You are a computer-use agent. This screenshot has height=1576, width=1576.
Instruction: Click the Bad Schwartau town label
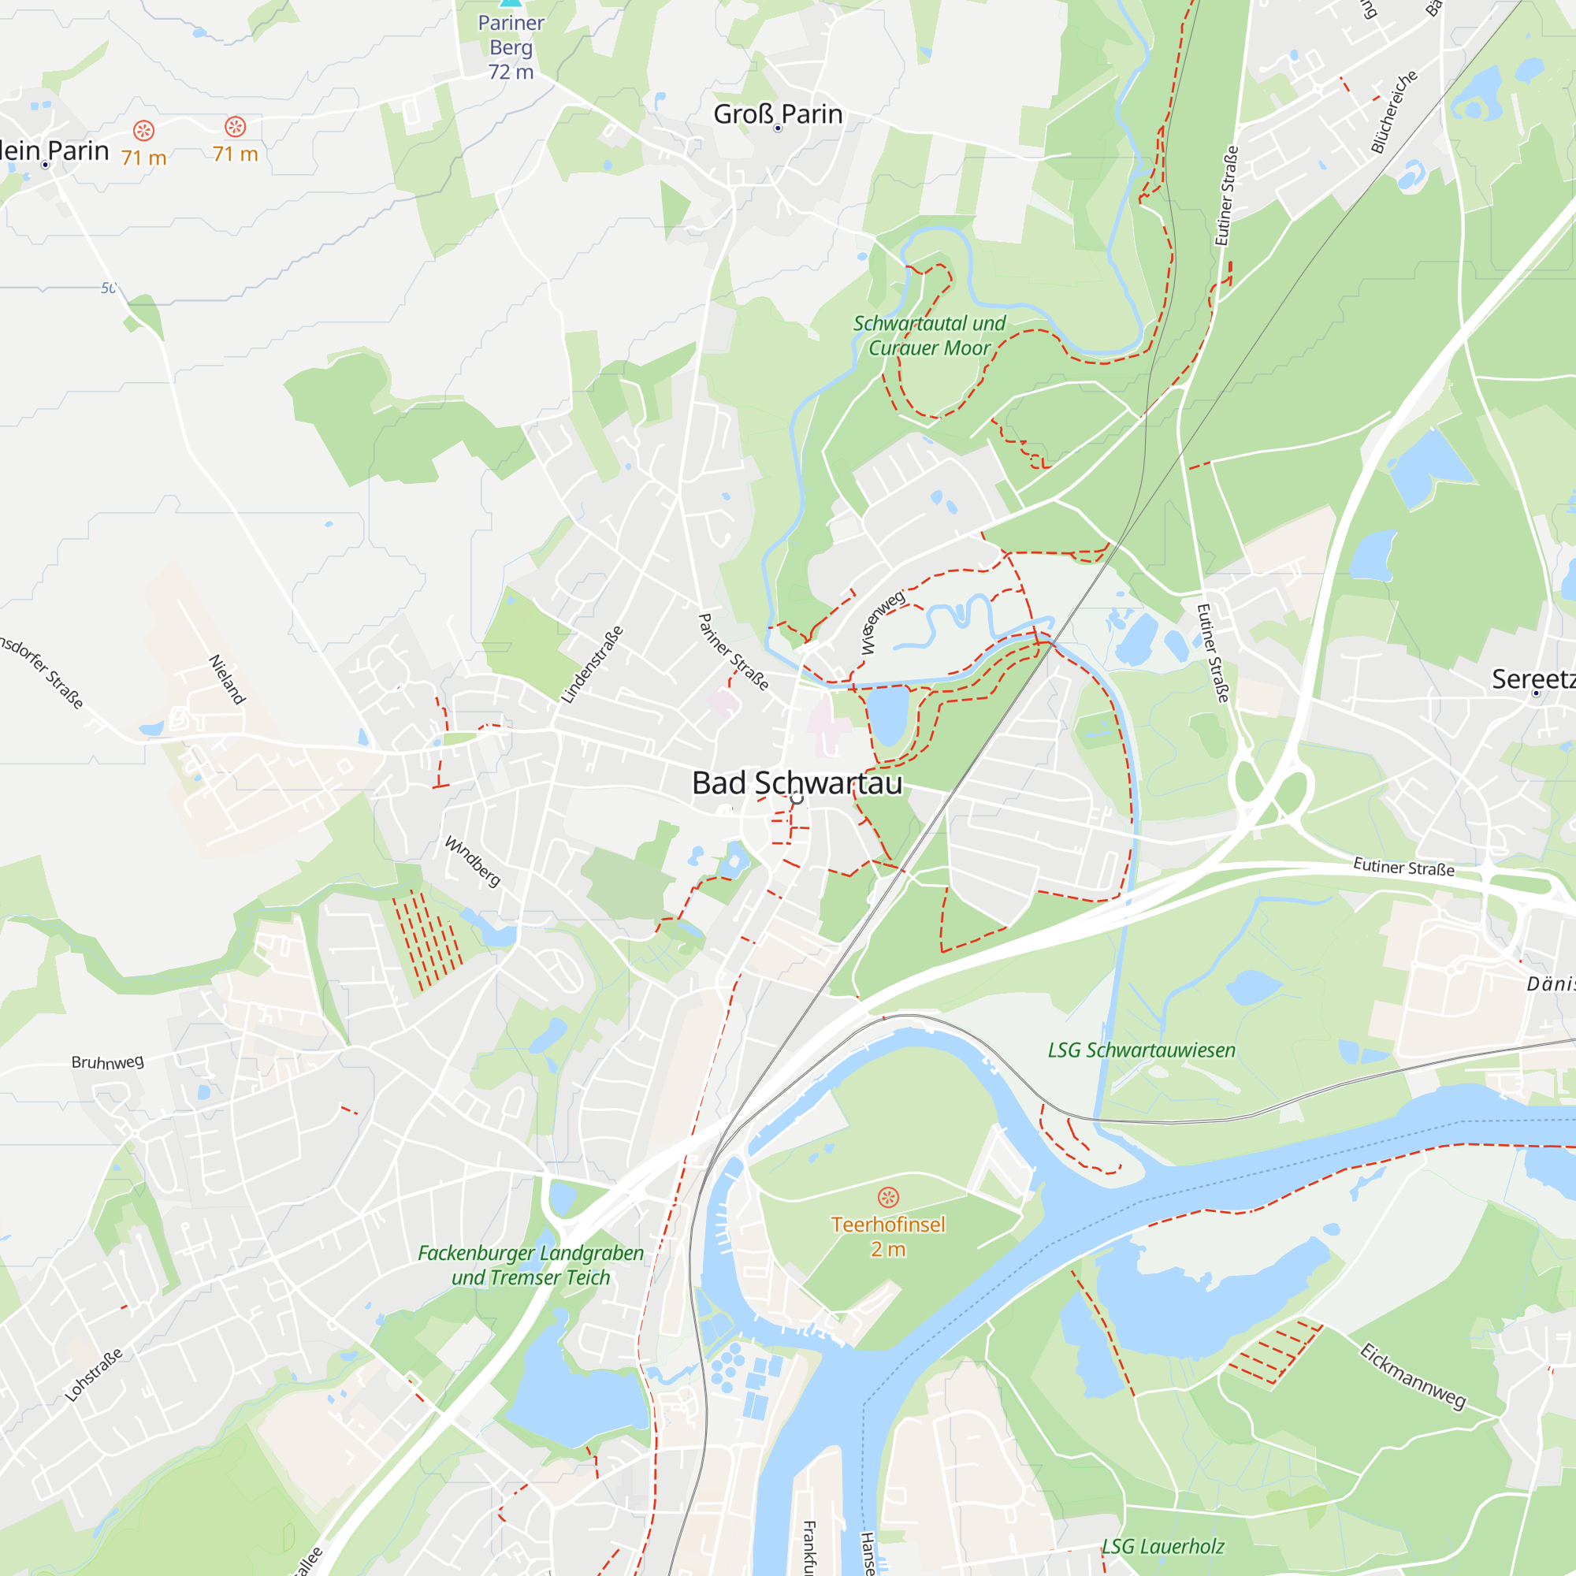(797, 783)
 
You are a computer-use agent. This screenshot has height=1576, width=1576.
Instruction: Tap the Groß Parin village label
(778, 114)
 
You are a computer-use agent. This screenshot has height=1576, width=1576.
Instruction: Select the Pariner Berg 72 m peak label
(511, 47)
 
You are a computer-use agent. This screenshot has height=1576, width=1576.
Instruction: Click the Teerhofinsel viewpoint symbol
(887, 1198)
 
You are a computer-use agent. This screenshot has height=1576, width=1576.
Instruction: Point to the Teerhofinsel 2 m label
(887, 1236)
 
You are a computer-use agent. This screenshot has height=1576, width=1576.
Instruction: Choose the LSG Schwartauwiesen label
(1141, 1050)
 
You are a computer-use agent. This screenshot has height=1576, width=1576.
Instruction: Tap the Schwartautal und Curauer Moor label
(929, 335)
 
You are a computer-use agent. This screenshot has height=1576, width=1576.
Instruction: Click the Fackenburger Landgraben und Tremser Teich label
(530, 1266)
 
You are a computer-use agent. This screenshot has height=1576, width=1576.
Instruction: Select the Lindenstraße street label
(593, 664)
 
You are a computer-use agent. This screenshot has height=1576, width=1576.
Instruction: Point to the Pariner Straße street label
(734, 652)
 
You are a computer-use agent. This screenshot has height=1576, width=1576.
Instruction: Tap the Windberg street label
(472, 861)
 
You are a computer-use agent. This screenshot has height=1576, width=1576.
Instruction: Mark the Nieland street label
(227, 678)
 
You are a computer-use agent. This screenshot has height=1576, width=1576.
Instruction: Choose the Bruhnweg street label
(108, 1061)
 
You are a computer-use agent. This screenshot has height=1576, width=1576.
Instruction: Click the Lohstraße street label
(94, 1374)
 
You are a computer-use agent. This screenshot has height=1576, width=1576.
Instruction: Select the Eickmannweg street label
(1413, 1376)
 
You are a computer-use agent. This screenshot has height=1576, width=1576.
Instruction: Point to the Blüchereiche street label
(1393, 112)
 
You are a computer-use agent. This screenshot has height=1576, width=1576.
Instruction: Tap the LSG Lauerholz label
(1162, 1546)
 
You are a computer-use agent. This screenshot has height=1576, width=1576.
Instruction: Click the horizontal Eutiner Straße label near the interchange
(1403, 867)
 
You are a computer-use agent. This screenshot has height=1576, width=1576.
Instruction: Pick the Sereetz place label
(1533, 678)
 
